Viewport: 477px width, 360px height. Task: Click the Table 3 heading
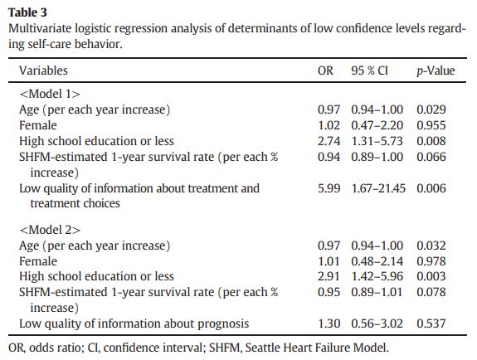27,12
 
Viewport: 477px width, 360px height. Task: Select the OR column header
325,71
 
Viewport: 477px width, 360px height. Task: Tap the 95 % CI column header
370,71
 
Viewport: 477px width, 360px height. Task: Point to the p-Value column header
436,71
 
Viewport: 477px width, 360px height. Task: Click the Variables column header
43,71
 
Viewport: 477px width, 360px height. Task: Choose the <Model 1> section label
50,94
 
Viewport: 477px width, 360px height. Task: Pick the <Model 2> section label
50,230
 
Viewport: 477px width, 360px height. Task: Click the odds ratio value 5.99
329,188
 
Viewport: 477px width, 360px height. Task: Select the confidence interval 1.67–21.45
378,188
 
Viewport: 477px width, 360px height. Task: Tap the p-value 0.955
431,125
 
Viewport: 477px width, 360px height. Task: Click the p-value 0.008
431,141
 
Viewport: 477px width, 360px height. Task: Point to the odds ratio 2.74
329,141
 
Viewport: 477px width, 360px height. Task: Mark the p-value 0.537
431,324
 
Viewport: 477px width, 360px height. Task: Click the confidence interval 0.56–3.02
377,324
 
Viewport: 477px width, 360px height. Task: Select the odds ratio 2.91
329,276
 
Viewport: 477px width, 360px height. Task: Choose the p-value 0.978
431,261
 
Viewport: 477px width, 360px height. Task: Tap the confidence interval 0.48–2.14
377,261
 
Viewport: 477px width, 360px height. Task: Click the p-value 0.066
431,157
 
